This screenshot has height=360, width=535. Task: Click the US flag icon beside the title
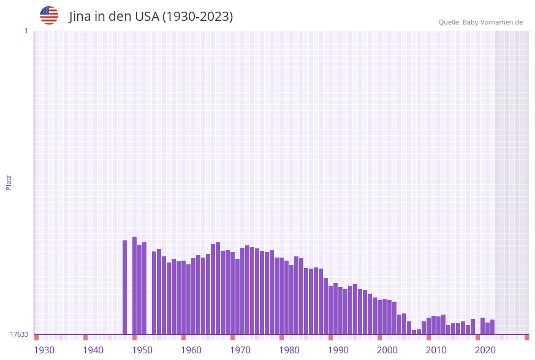[49, 15]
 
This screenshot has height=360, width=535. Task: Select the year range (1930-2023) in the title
[197, 17]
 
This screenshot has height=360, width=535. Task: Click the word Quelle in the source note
[449, 23]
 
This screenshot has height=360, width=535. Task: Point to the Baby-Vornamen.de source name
[493, 23]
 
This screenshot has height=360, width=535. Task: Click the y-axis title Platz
[9, 182]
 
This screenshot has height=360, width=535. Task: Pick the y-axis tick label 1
[26, 31]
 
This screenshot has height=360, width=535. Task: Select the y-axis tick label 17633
[19, 334]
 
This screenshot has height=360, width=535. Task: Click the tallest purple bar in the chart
[135, 285]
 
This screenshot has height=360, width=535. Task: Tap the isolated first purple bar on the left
[125, 287]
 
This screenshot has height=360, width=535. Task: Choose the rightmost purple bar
[492, 327]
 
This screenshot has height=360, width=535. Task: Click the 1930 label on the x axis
[44, 350]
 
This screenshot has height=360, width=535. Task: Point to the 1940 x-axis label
[93, 350]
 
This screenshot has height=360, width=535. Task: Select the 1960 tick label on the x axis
[191, 350]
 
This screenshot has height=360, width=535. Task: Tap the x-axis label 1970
[240, 350]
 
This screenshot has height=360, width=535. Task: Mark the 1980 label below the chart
[289, 350]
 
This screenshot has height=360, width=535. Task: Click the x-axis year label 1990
[338, 350]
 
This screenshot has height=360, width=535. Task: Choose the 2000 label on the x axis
[387, 350]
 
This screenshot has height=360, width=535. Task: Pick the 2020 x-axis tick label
[485, 350]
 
